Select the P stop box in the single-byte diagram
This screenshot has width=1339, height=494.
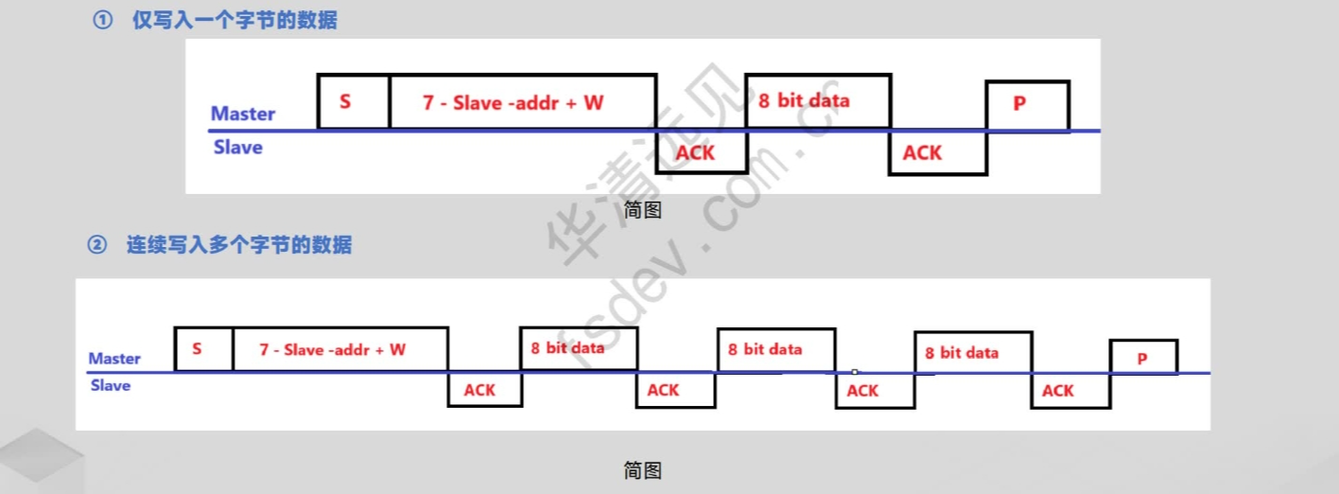pos(1028,105)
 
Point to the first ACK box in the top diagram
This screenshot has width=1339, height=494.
pos(700,151)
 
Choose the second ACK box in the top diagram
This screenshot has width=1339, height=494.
pos(936,152)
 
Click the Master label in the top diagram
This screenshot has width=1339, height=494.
pos(243,114)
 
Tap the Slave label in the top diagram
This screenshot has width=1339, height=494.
pos(238,148)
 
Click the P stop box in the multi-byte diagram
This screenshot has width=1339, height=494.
pos(1142,357)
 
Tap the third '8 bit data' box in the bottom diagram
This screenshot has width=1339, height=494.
pos(972,352)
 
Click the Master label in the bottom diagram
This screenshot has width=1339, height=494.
pos(114,359)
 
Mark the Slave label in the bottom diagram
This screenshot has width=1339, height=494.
pos(111,386)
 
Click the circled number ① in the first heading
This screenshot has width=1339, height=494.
pos(102,20)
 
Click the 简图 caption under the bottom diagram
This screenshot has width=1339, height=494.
pos(642,470)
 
